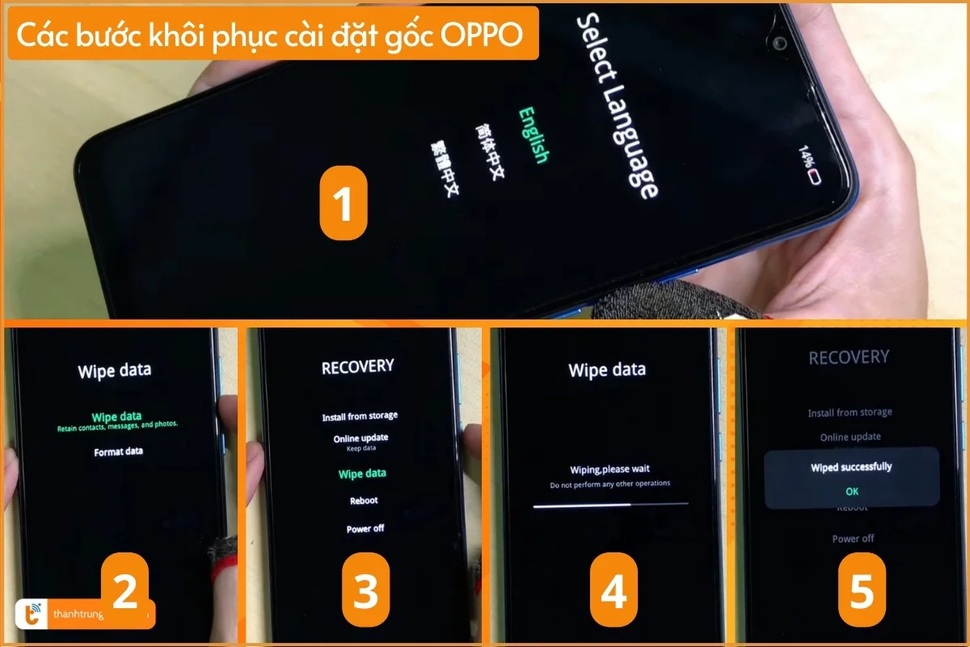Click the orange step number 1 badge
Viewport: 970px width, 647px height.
[x=344, y=205]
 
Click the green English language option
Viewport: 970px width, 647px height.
[x=533, y=135]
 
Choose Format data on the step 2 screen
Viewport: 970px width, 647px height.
[x=118, y=451]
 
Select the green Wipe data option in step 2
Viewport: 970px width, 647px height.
[x=117, y=417]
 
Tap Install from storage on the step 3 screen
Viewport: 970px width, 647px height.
[x=360, y=417]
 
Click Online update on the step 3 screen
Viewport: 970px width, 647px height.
[x=361, y=438]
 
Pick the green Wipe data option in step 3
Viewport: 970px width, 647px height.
[x=362, y=473]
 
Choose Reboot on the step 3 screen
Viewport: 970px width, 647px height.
[x=364, y=501]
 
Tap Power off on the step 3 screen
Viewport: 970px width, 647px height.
[x=365, y=528]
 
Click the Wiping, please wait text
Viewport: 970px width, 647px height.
[x=610, y=469]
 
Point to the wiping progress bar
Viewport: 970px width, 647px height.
[x=610, y=504]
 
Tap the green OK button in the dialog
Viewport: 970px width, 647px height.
[x=852, y=491]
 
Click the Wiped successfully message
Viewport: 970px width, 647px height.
[x=851, y=467]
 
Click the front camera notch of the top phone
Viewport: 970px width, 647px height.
[x=780, y=42]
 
